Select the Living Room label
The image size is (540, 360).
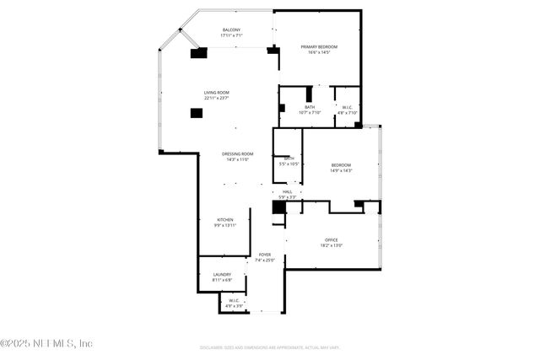pos(216,93)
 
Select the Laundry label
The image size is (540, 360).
pos(222,276)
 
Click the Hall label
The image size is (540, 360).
pos(287,193)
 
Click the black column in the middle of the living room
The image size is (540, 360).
pos(197,113)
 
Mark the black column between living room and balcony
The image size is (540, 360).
pos(199,53)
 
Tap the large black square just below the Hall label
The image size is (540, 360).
pos(278,207)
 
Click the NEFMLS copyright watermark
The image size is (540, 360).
pos(46,343)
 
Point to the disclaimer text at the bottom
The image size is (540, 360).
pos(270,347)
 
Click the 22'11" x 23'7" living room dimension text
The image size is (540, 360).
pos(216,98)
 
